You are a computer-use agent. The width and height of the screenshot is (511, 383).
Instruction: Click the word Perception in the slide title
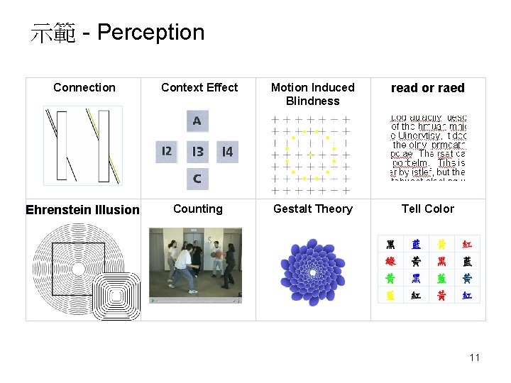150,33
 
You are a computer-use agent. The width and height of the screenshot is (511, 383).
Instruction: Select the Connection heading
84,87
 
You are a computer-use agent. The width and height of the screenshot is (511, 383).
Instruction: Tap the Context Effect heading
199,87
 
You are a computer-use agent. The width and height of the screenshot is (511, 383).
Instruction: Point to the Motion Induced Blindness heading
312,94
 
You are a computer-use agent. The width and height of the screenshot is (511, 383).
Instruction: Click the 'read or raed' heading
427,88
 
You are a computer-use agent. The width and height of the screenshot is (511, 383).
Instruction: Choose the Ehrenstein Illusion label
82,209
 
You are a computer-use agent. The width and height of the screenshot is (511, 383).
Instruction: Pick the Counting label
197,209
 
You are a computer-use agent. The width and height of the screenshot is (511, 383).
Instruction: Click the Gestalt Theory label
312,209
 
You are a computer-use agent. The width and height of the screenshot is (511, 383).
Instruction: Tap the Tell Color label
427,209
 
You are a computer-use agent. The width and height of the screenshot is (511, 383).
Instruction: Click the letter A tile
197,121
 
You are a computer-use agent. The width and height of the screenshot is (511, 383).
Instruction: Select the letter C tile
197,179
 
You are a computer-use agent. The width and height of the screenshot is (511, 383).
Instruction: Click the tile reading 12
167,151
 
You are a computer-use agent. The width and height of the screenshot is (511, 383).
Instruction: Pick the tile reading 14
227,151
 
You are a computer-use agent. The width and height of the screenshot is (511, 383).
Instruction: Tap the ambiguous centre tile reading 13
197,151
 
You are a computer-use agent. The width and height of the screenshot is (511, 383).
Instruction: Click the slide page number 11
475,357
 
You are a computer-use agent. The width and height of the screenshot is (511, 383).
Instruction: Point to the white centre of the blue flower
313,273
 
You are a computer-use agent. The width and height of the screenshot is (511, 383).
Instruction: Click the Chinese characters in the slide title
53,33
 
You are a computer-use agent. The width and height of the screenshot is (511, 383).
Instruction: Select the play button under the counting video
153,300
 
